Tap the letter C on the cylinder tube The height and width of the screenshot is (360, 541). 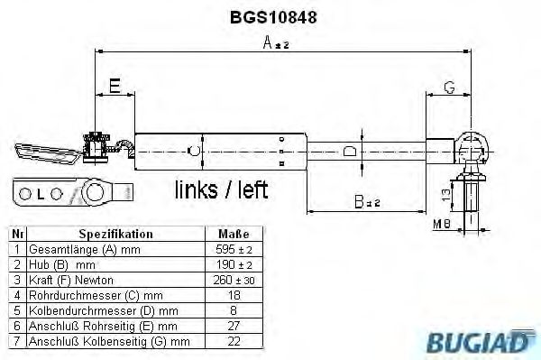point(190,149)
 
